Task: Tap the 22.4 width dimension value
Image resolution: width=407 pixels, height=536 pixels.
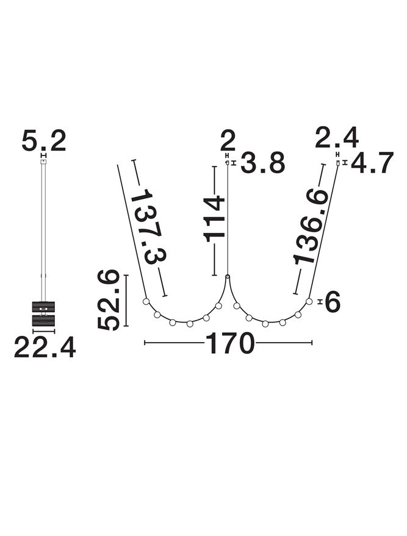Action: click(x=45, y=347)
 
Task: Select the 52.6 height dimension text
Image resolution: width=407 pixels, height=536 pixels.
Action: click(x=109, y=300)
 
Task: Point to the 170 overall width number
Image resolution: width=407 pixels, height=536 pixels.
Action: click(x=230, y=343)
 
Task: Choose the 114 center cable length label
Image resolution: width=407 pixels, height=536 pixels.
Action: click(x=214, y=219)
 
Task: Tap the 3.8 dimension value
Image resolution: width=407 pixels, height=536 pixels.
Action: click(x=262, y=163)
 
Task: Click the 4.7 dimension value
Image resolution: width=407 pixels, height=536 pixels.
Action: click(x=372, y=163)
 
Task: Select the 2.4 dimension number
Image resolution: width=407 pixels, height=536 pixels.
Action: click(x=337, y=137)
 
